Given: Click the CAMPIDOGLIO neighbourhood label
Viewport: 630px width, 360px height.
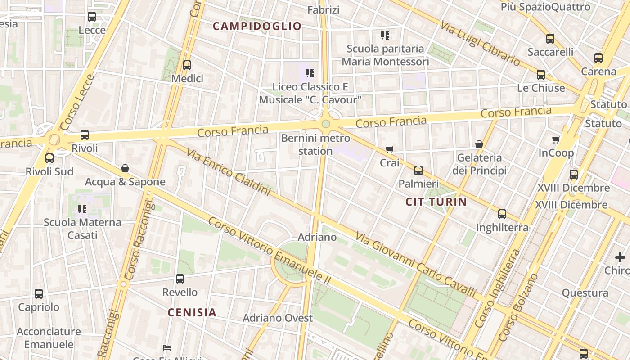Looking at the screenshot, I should click(x=256, y=26).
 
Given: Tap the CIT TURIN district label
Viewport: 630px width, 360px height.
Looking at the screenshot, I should click(x=436, y=202).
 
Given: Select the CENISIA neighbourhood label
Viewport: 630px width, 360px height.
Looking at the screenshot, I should click(x=192, y=312).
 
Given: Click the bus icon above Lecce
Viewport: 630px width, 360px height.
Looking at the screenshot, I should click(x=92, y=17).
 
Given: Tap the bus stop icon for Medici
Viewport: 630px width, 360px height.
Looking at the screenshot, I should click(x=187, y=65).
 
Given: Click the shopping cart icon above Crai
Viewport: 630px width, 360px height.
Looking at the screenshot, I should click(x=390, y=149).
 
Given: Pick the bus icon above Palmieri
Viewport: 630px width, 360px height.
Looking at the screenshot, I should click(x=418, y=171).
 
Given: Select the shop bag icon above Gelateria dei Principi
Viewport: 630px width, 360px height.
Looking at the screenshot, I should click(x=479, y=144).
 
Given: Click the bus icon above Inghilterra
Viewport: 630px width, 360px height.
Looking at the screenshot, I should click(x=502, y=214).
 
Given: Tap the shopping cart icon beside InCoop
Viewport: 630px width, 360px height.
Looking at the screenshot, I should click(x=556, y=140).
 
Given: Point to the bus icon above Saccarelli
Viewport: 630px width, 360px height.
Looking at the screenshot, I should click(x=550, y=39).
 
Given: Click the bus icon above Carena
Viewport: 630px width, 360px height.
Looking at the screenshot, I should click(x=598, y=58).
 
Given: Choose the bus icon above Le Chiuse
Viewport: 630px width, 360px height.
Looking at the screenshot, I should click(x=541, y=75).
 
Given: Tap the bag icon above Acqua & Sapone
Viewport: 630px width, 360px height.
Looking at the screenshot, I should click(x=125, y=169).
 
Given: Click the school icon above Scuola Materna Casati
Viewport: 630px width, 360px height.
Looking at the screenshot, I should click(x=82, y=209).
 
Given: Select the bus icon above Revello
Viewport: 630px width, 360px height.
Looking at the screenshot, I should click(x=180, y=279).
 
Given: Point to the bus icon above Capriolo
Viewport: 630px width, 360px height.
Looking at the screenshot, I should click(x=39, y=294).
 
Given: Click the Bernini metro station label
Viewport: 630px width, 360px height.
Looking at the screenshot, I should click(x=315, y=144).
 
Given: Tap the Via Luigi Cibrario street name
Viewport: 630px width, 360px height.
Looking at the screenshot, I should click(x=480, y=44).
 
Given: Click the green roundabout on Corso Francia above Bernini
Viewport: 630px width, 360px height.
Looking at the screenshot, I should click(x=326, y=124).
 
